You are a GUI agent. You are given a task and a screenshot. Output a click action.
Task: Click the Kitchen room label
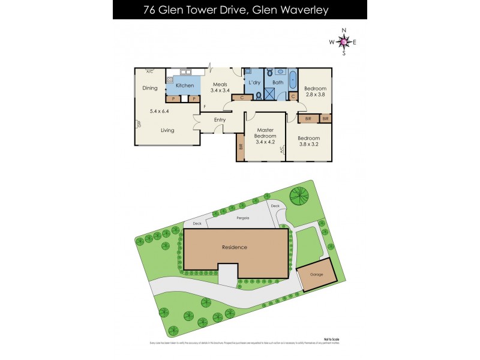tap(185, 86)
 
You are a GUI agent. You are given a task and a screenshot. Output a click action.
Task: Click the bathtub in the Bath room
tap(292, 80)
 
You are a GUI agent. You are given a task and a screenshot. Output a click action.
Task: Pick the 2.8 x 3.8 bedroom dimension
tap(314, 94)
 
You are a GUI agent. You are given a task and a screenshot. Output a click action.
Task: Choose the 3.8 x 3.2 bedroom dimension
tap(308, 144)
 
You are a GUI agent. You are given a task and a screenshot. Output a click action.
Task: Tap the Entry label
tap(220, 120)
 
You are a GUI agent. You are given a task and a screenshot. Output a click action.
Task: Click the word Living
tap(167, 130)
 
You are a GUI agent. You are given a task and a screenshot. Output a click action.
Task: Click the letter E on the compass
tap(355, 42)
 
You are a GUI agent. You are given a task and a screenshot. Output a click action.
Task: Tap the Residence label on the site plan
tap(234, 247)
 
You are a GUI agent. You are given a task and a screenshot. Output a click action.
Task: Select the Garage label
tap(316, 275)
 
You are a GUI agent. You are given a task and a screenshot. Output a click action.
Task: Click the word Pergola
tap(242, 218)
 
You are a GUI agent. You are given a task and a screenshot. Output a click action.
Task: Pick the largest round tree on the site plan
tap(299, 196)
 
